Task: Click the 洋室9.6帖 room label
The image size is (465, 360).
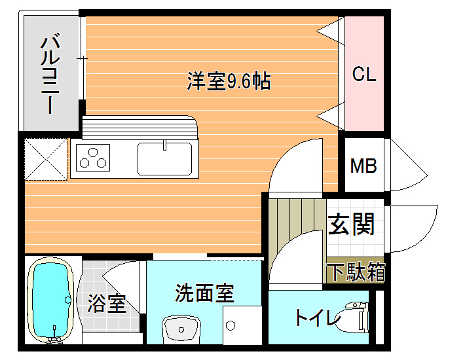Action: pos(229,81)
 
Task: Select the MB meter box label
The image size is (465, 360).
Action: pos(363,166)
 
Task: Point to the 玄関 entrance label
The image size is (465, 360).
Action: pos(351,224)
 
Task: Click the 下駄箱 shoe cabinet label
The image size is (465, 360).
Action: pos(358,272)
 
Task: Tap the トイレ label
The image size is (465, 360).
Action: pos(318,317)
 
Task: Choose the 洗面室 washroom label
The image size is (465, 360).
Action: pos(204,293)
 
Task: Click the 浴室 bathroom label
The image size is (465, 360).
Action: pos(107,303)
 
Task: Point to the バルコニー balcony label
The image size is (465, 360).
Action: pos(50,74)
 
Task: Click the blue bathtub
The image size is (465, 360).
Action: pos(50,300)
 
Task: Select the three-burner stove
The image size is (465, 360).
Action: pos(93,158)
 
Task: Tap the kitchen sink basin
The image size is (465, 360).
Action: pos(164,159)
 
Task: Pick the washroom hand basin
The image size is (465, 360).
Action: pos(181,329)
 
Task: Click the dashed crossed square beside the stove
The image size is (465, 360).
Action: pos(46,159)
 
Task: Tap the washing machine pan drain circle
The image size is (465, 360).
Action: pos(231,325)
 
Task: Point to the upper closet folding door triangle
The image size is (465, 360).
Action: pos(331,31)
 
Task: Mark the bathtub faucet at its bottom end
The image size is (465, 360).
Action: pos(54,338)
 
